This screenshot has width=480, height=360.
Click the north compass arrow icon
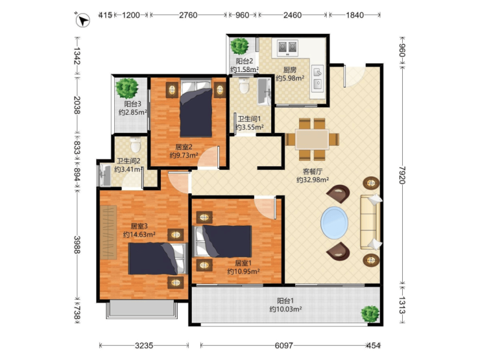[82, 20]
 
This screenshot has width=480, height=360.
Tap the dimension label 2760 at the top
[188, 15]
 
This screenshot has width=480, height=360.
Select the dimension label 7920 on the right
[402, 175]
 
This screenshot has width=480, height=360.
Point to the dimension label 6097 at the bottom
[283, 346]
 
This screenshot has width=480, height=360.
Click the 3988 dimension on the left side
[77, 245]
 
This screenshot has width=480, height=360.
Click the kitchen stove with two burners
[287, 48]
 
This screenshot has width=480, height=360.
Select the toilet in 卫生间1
[244, 85]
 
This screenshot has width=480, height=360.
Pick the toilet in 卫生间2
[136, 145]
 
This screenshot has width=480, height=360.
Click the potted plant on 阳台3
[126, 88]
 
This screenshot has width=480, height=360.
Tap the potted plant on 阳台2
[239, 46]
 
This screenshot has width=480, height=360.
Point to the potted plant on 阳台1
[370, 314]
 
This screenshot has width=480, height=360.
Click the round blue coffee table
[334, 222]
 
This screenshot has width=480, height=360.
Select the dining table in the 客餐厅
[312, 139]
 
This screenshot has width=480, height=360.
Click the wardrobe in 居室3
[108, 232]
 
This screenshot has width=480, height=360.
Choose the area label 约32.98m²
[313, 180]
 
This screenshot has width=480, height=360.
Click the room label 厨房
[289, 70]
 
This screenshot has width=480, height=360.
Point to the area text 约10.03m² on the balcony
[285, 309]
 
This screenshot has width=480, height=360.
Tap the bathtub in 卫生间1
[264, 91]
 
